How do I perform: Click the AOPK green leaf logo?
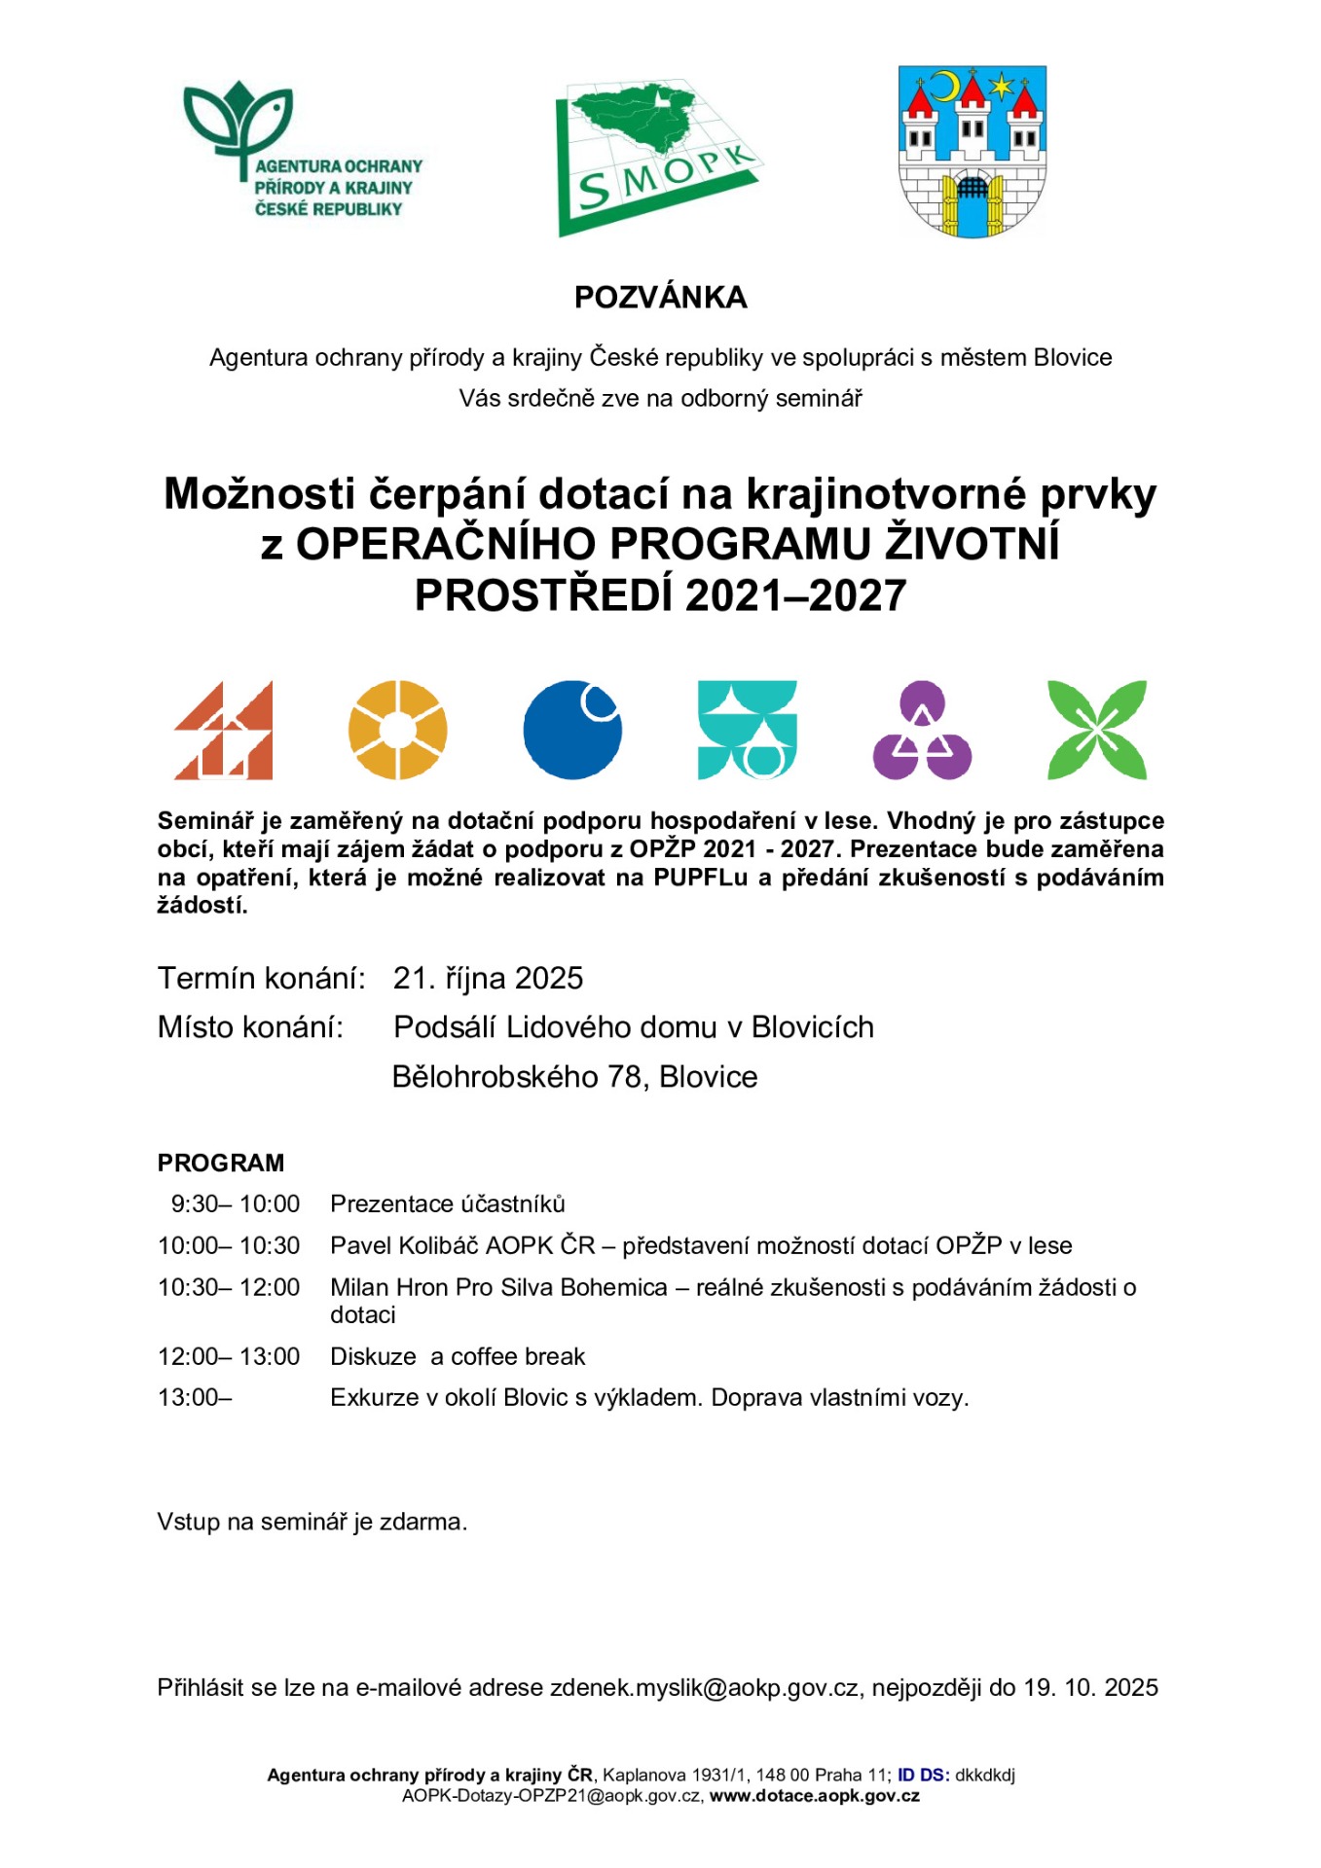point(302,151)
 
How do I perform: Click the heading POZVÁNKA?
point(660,298)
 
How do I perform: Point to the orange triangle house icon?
point(224,730)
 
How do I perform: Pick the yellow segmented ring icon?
point(397,730)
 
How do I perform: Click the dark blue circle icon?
point(572,730)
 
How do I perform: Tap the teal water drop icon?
point(747,730)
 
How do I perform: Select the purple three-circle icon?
point(922,730)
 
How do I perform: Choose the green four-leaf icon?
point(1096,730)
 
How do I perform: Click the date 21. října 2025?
point(488,978)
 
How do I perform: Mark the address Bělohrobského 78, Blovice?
point(574,1077)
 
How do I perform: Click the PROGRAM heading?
point(221,1163)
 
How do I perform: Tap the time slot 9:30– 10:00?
point(236,1204)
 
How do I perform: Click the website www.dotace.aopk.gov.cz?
point(814,1796)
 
